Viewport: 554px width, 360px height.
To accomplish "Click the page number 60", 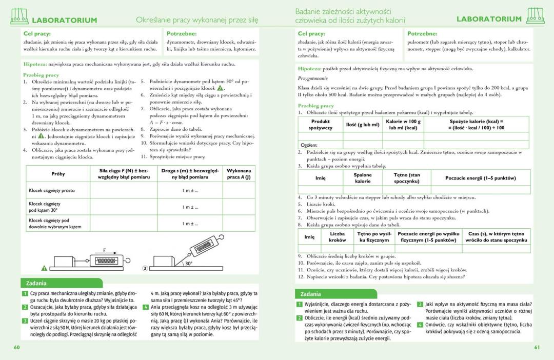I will point(16,348).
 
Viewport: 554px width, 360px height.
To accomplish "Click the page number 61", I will point(537,348).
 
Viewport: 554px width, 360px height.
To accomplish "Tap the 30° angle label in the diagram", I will point(189,263).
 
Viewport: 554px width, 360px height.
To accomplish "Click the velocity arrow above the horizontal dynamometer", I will point(104,250).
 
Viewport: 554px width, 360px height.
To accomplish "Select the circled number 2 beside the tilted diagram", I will point(145,268).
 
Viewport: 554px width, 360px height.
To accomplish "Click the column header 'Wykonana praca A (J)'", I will point(239,173).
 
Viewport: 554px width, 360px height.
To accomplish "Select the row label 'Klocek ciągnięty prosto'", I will point(52,190).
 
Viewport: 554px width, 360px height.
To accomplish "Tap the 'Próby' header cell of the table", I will point(58,174).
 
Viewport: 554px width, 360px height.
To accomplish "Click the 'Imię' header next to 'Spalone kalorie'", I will point(321,178).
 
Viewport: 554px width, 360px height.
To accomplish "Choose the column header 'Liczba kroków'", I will point(337,236).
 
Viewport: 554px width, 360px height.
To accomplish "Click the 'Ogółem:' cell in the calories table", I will point(309,145).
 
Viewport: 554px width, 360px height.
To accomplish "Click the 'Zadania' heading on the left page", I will point(36,283).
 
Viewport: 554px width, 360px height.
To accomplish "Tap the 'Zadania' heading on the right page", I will point(311,294).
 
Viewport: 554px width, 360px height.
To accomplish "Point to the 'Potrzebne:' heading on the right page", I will point(422,33).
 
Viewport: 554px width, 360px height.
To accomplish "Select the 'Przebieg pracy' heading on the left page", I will point(41,75).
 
